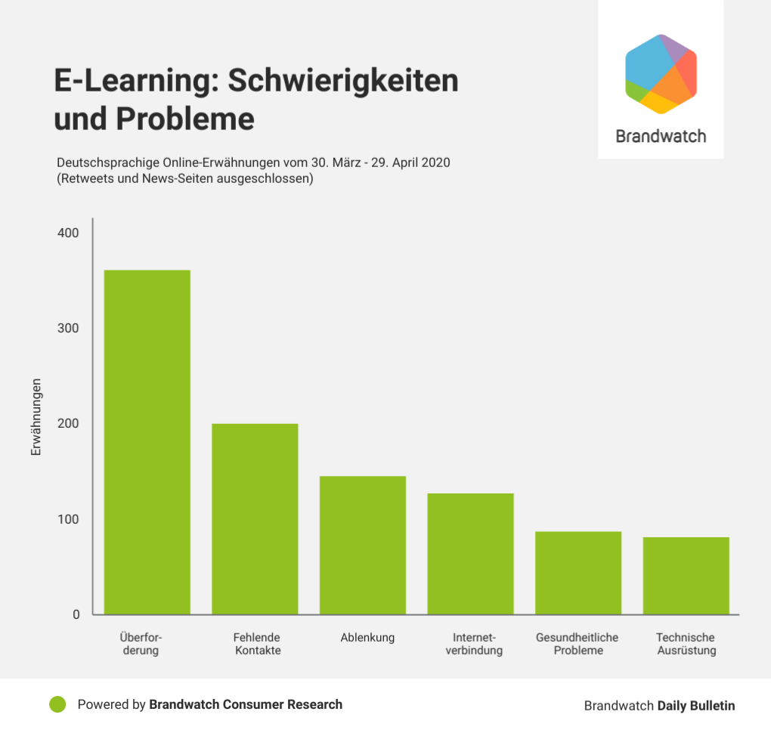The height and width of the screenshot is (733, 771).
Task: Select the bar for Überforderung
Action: (147, 442)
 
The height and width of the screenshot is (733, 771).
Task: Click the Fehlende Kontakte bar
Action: (255, 518)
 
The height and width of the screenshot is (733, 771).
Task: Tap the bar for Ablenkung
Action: (363, 545)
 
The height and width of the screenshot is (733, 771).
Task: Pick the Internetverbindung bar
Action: (470, 553)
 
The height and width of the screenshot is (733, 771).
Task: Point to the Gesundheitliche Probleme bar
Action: (578, 573)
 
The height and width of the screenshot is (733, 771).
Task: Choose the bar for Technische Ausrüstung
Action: (686, 575)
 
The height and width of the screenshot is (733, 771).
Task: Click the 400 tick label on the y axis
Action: (68, 233)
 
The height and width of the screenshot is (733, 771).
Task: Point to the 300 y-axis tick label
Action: (68, 328)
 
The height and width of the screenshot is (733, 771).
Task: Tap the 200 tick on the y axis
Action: (68, 424)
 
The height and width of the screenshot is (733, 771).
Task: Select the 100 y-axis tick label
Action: (68, 519)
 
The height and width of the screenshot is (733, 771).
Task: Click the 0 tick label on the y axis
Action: (76, 614)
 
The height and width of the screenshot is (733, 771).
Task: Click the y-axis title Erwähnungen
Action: (36, 416)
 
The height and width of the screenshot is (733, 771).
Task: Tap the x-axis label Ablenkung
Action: (367, 637)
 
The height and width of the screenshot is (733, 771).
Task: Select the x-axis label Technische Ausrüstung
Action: (686, 644)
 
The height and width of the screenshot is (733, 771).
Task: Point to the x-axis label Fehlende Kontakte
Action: (257, 644)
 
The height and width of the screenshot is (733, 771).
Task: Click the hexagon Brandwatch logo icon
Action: (661, 74)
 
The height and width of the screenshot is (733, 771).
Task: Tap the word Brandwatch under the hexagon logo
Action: (661, 137)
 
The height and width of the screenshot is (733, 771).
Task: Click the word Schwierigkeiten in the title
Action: (343, 80)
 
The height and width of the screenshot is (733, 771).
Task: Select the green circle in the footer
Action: (57, 704)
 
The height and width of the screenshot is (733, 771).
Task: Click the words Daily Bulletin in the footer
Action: (695, 705)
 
